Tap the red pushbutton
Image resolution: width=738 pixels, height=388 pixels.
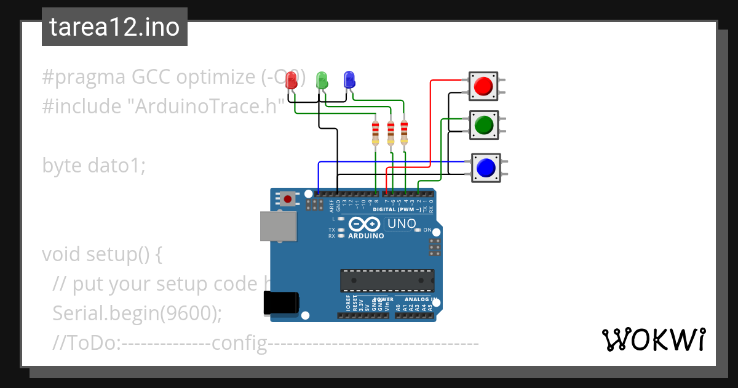coord(484,86)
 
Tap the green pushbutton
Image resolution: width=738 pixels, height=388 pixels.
coord(484,125)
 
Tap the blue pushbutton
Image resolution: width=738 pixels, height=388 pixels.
coord(486,168)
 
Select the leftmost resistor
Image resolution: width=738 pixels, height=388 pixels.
coord(376,134)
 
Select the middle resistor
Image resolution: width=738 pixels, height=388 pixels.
coord(390,134)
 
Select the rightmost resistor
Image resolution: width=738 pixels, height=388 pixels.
coord(404,134)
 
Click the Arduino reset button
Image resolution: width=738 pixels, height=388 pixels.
coord(287,198)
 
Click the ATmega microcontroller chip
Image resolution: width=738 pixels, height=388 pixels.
coord(387,280)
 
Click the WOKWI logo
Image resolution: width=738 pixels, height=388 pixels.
coord(653,340)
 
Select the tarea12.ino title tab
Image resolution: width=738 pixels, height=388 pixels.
coord(114,27)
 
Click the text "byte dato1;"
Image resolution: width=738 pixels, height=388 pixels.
coord(93,166)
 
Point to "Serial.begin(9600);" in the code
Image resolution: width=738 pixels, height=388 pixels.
coord(137,313)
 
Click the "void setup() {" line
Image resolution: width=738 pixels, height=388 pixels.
coord(101,254)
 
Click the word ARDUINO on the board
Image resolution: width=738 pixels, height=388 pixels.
coord(366,236)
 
